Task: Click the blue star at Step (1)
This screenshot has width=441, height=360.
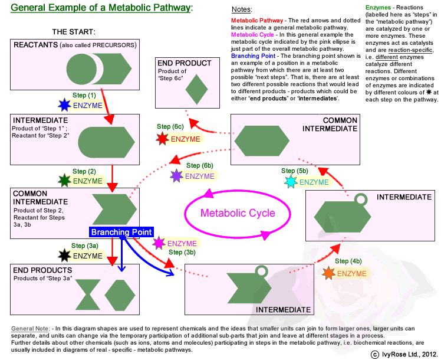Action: coord(64,106)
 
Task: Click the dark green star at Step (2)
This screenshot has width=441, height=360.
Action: coord(64,181)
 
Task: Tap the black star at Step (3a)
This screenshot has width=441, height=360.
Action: coord(64,256)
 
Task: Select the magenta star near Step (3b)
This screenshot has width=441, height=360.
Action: coord(159,243)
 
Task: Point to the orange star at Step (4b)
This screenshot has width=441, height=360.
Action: coord(328,273)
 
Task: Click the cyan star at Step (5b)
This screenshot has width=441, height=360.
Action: coord(291,182)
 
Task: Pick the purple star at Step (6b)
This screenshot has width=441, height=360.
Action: coord(176,176)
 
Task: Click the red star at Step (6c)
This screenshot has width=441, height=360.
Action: coord(162,139)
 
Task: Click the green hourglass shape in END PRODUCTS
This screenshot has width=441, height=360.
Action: coord(88,294)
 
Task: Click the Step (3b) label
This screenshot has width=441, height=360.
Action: coord(182,253)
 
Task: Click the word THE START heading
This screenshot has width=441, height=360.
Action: coord(74,31)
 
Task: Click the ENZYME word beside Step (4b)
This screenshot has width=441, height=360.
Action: coord(352,274)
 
